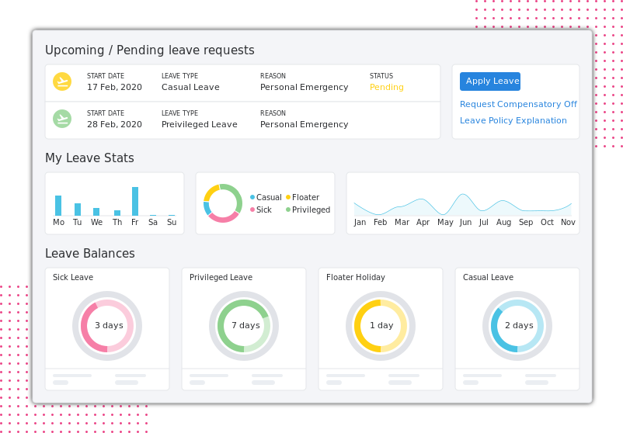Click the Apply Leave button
[490, 81]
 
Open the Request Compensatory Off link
[518, 104]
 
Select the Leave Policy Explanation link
[513, 120]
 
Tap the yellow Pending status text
[387, 87]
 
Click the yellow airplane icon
[62, 81]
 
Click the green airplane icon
[62, 119]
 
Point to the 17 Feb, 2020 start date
[114, 87]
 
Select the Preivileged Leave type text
[200, 124]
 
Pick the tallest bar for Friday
[135, 201]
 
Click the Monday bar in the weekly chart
[58, 206]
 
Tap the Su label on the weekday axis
[172, 222]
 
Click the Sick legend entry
[260, 210]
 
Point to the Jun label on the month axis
[465, 222]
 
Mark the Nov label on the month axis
[569, 222]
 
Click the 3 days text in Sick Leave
[109, 325]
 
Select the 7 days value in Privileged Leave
[245, 325]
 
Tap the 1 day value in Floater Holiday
[381, 325]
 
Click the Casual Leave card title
[488, 277]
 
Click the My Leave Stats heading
[89, 158]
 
